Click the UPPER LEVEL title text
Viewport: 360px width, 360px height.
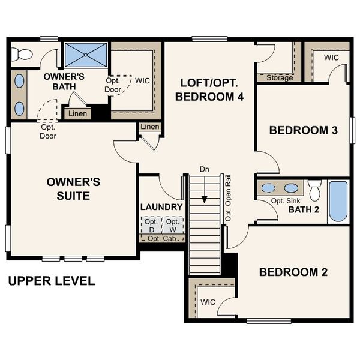[x=52, y=281]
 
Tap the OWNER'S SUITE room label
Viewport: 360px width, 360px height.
[x=73, y=188]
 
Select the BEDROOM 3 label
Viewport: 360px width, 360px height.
[x=302, y=130]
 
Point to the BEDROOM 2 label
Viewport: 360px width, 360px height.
[x=293, y=272]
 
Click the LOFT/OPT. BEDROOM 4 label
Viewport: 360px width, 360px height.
[x=207, y=89]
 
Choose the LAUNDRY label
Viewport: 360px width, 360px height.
[x=161, y=207]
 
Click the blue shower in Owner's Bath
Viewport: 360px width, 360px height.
[x=85, y=55]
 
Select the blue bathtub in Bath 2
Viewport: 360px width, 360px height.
[x=338, y=202]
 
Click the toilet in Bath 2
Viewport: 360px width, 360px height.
[x=314, y=190]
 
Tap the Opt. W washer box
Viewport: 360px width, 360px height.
[x=172, y=226]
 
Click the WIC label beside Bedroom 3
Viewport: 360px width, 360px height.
[x=331, y=58]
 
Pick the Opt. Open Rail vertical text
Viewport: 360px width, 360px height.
[x=228, y=198]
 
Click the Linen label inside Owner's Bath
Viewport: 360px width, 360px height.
[x=77, y=113]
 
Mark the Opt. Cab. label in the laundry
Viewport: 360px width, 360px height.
[x=161, y=238]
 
